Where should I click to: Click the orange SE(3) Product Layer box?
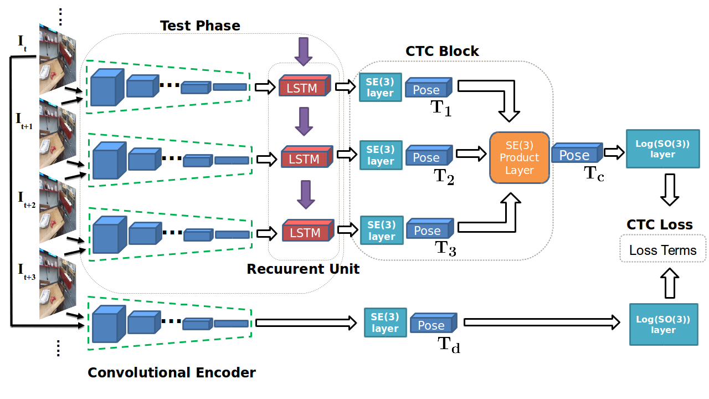519,157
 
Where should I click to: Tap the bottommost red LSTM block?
306,232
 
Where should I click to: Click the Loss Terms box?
662,250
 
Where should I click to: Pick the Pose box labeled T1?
428,89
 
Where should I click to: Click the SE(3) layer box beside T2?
381,155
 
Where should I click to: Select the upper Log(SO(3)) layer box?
663,149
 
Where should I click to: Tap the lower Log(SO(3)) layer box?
664,325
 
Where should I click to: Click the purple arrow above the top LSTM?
302,52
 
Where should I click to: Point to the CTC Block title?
442,52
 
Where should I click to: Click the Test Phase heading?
200,26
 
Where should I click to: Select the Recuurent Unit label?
303,269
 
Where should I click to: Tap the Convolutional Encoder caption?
172,372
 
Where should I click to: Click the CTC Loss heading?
659,224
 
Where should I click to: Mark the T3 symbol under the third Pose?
445,248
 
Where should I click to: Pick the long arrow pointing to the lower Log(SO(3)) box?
541,321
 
